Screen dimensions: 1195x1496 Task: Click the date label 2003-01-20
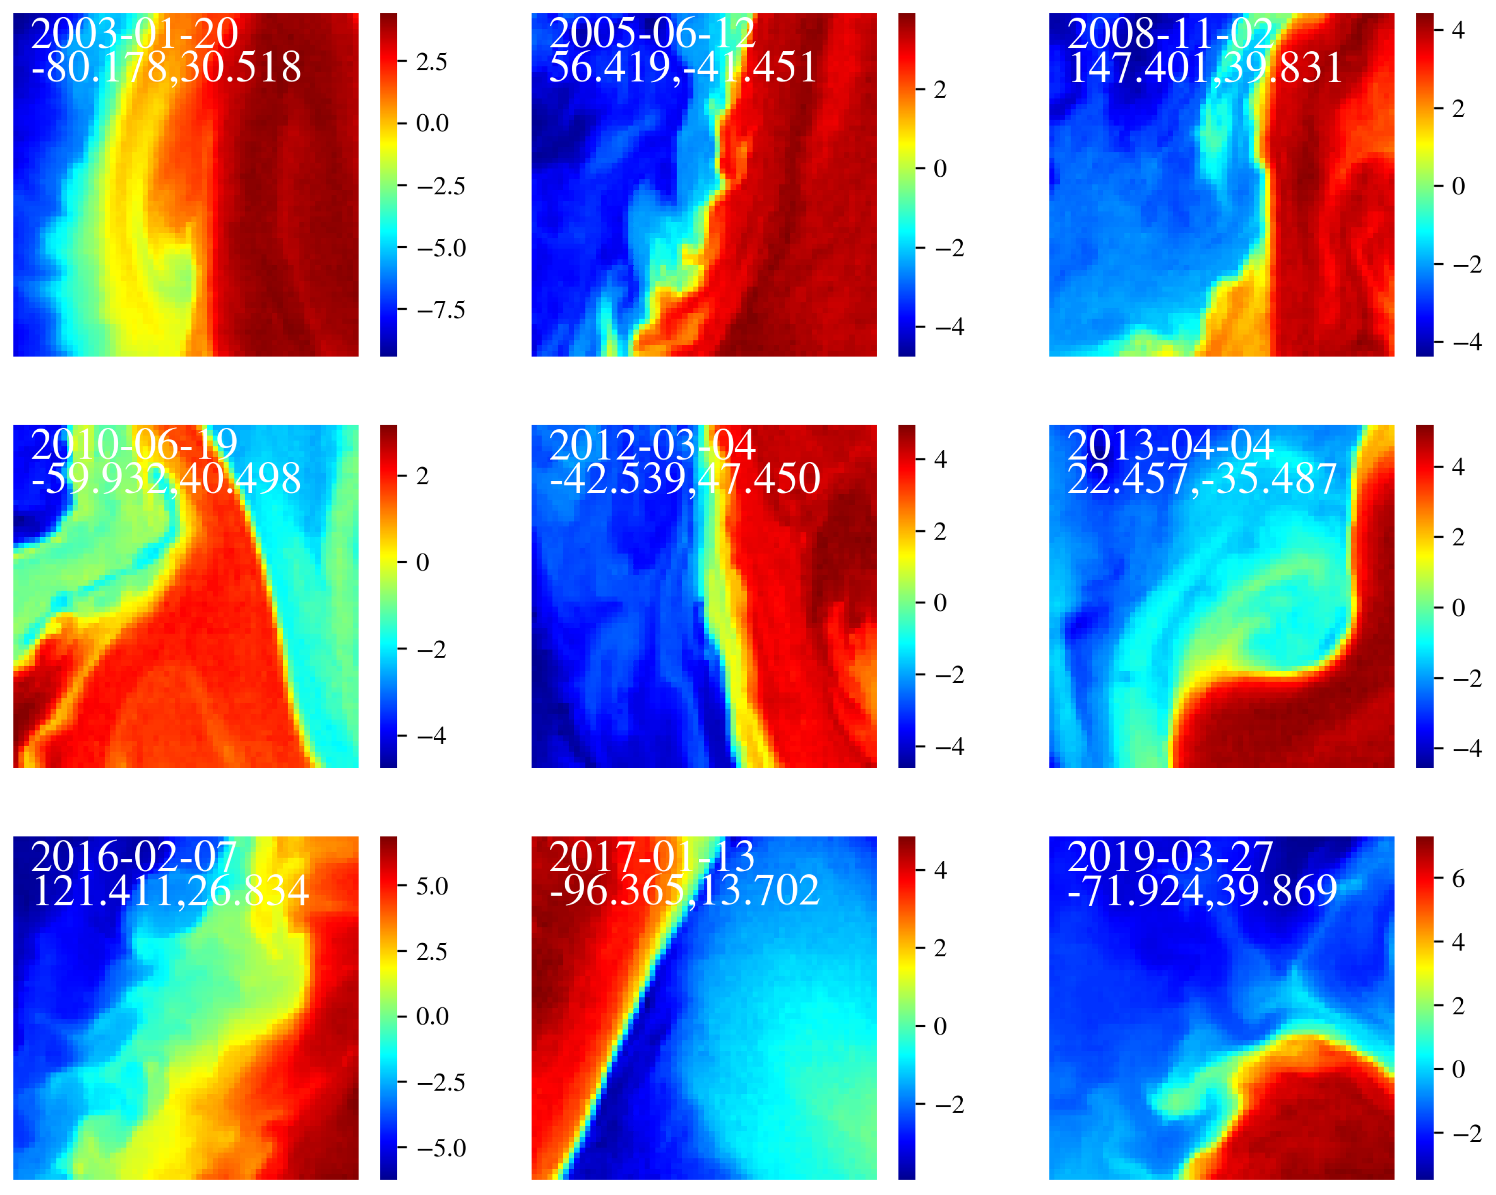(x=135, y=33)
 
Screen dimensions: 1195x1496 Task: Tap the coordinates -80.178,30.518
(x=167, y=67)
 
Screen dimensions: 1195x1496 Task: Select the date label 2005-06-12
(x=652, y=33)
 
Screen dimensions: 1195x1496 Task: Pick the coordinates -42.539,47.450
(x=684, y=479)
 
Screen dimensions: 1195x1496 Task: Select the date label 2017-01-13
(x=652, y=857)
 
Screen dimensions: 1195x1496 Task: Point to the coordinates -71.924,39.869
(x=1202, y=890)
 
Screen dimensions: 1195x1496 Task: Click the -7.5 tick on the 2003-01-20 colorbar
(x=441, y=310)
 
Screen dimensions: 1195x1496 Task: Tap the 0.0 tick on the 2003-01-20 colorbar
(x=432, y=124)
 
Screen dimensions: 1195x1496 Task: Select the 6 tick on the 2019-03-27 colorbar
(x=1458, y=879)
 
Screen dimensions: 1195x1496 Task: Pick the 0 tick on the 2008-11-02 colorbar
(x=1458, y=186)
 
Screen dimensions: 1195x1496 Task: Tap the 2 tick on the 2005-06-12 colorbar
(x=940, y=89)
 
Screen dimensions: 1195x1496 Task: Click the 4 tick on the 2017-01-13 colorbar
(x=940, y=870)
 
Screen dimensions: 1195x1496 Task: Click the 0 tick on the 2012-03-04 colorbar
(x=940, y=602)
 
